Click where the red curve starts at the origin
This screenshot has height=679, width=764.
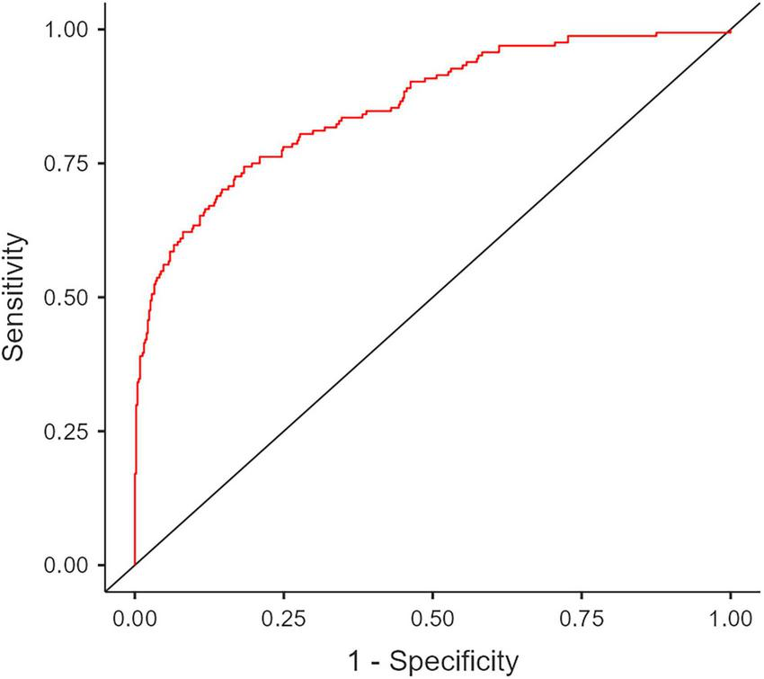click(x=135, y=565)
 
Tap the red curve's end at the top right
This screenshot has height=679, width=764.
click(x=730, y=31)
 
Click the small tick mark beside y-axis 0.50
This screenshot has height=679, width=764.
click(x=102, y=298)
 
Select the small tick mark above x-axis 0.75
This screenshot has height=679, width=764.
click(x=582, y=595)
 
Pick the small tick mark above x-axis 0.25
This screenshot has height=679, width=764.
click(x=283, y=595)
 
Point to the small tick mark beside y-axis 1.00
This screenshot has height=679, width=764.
click(x=102, y=30)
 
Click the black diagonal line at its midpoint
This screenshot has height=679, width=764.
click(x=432, y=298)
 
